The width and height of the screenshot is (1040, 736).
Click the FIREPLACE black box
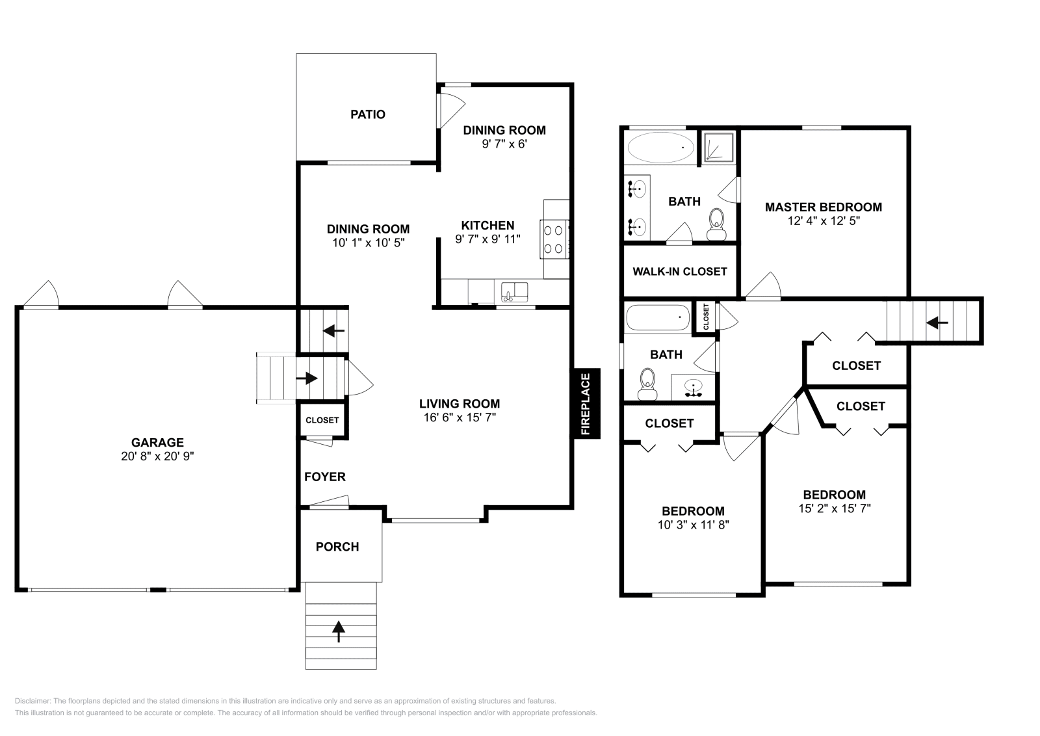coord(586,404)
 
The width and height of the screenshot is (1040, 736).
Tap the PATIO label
coord(368,114)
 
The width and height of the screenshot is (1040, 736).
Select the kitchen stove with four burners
coord(554,239)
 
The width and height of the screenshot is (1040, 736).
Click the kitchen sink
coord(514,292)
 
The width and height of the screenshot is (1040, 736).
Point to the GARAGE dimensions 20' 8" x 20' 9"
coord(157,456)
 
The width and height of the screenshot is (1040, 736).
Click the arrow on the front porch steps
coord(339,631)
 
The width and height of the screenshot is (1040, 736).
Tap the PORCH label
coord(337,547)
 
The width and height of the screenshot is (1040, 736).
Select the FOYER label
coord(325,477)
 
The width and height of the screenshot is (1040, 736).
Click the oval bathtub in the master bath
coord(660,148)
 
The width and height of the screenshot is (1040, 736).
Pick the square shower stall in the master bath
coord(718,148)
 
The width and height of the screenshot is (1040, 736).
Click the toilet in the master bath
coord(717,224)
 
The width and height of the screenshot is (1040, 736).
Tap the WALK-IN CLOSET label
coord(680,271)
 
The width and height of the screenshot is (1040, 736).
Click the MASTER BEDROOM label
coord(824,207)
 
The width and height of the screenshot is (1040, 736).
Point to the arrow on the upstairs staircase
coord(937,322)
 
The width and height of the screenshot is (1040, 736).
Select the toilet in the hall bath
coord(647,384)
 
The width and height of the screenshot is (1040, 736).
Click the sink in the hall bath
coord(694,388)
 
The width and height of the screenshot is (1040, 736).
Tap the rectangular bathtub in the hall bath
coord(658,318)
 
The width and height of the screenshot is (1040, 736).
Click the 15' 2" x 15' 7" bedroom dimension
coord(835,508)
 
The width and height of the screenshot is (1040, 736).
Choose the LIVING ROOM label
coord(460,404)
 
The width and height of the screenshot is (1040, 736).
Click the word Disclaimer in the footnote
coord(32,701)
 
